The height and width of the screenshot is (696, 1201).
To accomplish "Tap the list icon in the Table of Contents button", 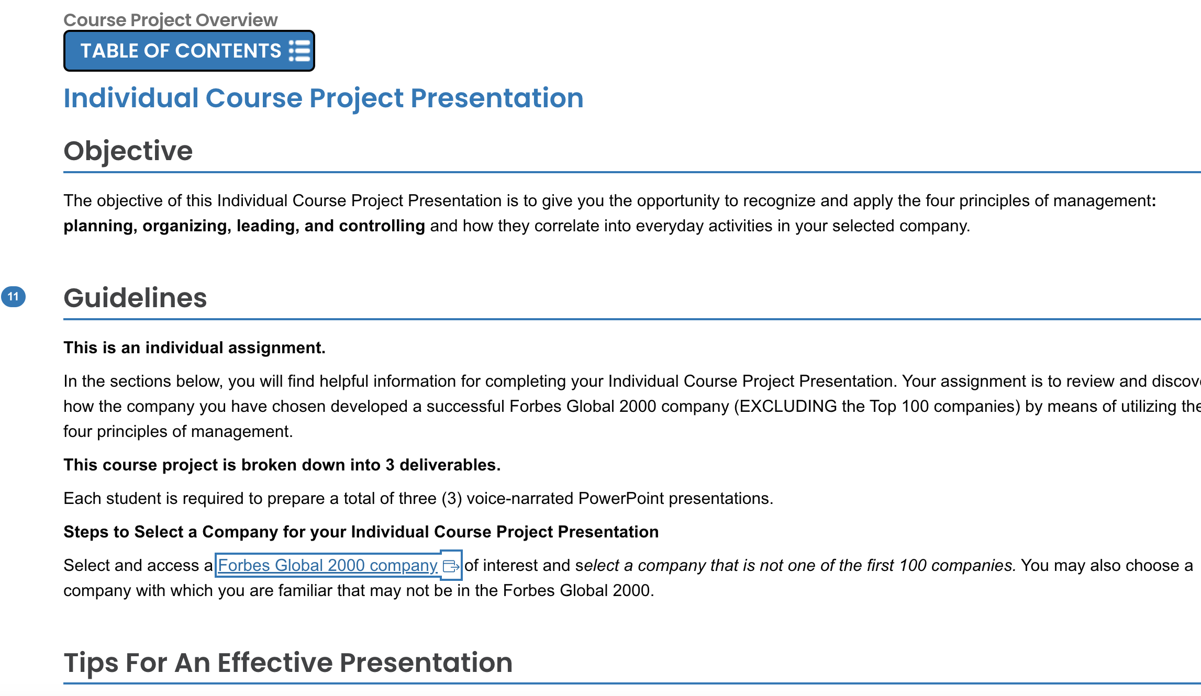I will [300, 51].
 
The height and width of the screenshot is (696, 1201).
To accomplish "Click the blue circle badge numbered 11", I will [13, 297].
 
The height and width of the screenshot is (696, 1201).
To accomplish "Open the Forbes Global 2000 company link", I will [327, 565].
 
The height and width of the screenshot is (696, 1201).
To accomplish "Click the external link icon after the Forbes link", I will [451, 566].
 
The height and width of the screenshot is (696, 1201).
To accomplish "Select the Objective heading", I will [128, 151].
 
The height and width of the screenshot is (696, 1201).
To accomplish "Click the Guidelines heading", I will [135, 298].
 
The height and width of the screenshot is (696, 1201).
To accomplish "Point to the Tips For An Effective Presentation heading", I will [288, 663].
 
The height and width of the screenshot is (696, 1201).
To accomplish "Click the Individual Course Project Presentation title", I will [323, 98].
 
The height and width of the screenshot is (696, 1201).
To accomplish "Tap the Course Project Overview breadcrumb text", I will [170, 20].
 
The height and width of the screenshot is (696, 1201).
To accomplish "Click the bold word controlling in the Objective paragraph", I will [382, 226].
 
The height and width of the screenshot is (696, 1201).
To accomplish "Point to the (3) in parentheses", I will [451, 498].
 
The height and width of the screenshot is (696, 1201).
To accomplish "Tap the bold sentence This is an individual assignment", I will [194, 347].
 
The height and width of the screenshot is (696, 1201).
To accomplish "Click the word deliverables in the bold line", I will [449, 465].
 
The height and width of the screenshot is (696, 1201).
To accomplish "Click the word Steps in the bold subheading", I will [85, 532].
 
